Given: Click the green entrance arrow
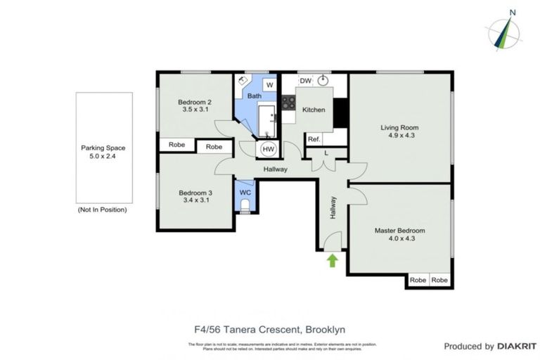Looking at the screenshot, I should tap(333, 261).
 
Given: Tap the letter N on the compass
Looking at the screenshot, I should tap(513, 12).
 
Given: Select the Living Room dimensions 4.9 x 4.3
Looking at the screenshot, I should tap(398, 136).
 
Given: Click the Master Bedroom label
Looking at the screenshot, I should tap(399, 230).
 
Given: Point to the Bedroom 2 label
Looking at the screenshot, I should tap(195, 101).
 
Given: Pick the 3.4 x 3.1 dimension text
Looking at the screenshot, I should tap(195, 200).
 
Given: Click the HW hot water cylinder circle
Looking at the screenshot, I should tap(268, 149).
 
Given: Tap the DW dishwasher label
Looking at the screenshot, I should tap(305, 82).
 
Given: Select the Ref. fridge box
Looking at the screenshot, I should tap(314, 139).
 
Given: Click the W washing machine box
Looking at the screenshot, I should tap(269, 85).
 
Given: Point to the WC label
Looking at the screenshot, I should tap(245, 192).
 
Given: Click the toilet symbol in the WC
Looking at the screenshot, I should tap(245, 205).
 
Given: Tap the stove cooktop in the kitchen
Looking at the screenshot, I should tap(288, 103).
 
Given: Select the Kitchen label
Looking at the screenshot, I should tap(314, 110).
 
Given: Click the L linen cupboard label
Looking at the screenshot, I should tap(326, 153).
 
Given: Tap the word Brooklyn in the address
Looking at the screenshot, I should tap(323, 329).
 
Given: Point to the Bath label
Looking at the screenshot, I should tap(254, 96).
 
